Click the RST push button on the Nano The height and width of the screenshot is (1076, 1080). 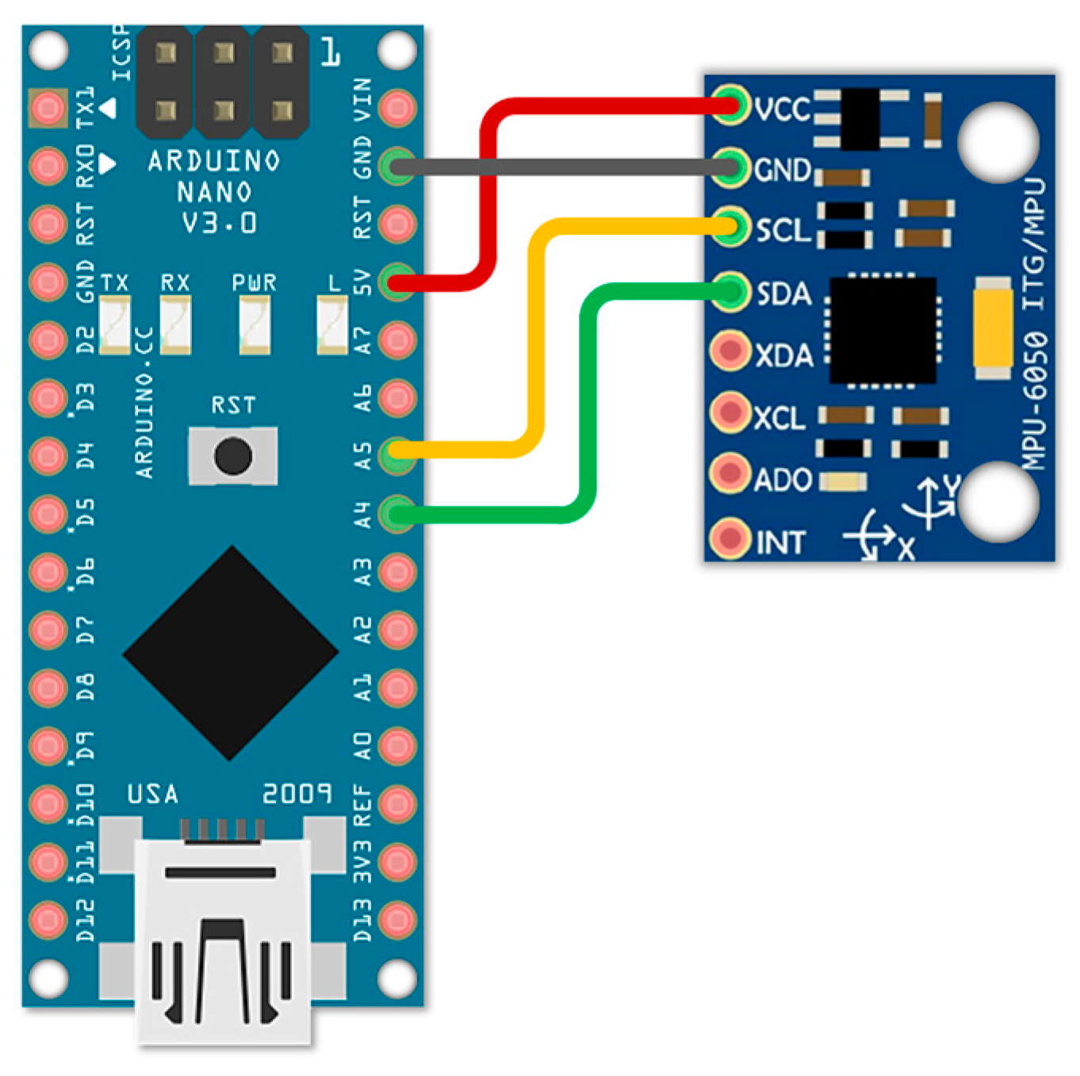click(233, 456)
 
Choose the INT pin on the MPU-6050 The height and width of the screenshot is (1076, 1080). click(729, 539)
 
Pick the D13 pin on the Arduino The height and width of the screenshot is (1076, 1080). click(397, 920)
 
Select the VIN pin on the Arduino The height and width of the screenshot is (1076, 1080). click(397, 108)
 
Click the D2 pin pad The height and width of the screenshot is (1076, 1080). click(48, 340)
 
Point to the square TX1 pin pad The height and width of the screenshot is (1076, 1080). click(48, 108)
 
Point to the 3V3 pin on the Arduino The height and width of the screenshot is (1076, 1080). click(397, 862)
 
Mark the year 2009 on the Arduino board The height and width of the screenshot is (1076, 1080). click(297, 794)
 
